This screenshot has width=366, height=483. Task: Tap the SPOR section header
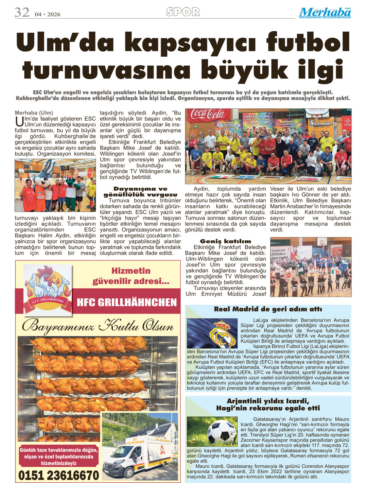(x=183, y=12)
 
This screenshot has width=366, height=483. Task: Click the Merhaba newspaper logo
(x=325, y=13)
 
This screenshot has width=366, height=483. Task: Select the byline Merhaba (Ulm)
(x=34, y=113)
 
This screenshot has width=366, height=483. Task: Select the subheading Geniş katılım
(x=225, y=241)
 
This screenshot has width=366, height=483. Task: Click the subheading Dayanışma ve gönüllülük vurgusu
(x=140, y=192)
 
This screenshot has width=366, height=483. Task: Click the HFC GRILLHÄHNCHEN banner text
(x=127, y=302)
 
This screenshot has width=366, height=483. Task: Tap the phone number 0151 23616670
(x=58, y=475)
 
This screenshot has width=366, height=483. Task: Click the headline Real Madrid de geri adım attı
(x=268, y=309)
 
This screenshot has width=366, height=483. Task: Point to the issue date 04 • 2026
(x=48, y=14)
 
